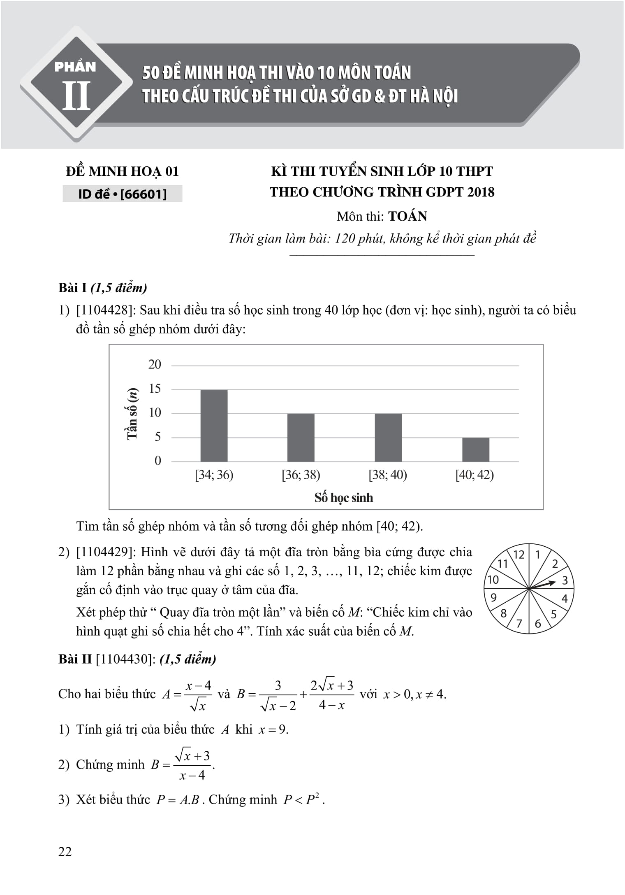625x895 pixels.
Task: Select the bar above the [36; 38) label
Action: (301, 437)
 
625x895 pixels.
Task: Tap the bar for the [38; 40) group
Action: (388, 437)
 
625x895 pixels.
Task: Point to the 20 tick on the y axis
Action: (155, 364)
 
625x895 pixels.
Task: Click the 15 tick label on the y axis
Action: (155, 389)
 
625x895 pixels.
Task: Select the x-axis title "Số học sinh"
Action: (343, 497)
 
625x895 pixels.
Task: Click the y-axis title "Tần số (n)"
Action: (132, 414)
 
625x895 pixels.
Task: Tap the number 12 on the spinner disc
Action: (519, 555)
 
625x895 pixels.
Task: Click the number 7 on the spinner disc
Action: (519, 623)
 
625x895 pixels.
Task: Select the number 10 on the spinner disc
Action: (493, 580)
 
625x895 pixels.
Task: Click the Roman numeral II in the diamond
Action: (76, 96)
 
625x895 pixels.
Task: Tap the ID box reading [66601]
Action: (123, 194)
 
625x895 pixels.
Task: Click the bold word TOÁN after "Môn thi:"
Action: (407, 216)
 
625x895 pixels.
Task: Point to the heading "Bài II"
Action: (75, 659)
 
